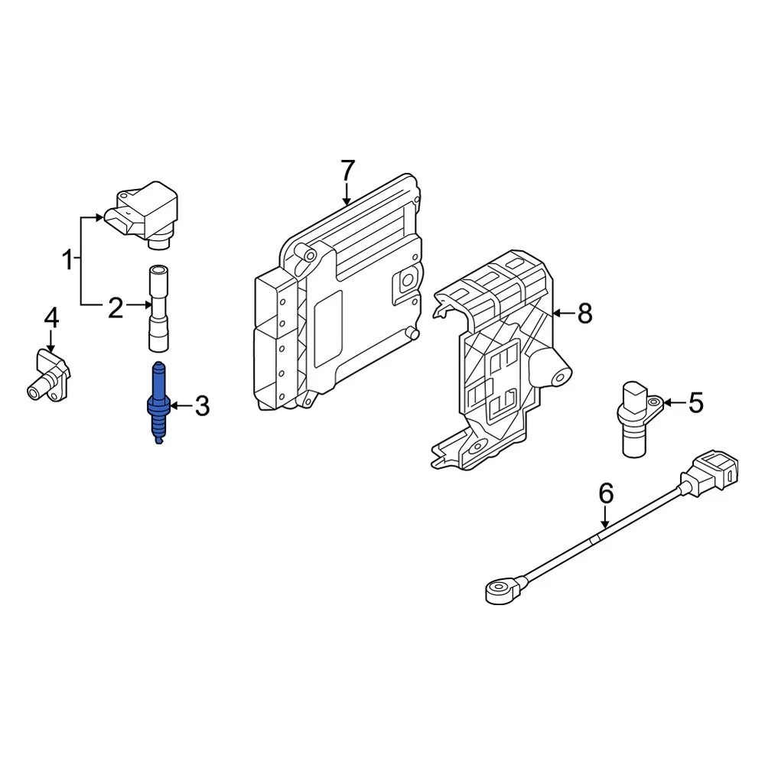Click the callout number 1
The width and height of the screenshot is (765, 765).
pyautogui.click(x=68, y=260)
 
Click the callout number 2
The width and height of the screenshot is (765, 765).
pyautogui.click(x=115, y=308)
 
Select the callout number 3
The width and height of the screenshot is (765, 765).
pyautogui.click(x=201, y=406)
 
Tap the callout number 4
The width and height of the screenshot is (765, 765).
pyautogui.click(x=50, y=317)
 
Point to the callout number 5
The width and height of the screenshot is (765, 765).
pyautogui.click(x=695, y=402)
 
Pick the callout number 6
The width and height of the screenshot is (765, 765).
pyautogui.click(x=605, y=494)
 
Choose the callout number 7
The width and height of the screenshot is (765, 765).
pyautogui.click(x=347, y=170)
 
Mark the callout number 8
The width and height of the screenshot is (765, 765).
pyautogui.click(x=584, y=313)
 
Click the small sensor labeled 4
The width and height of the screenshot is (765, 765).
pyautogui.click(x=50, y=374)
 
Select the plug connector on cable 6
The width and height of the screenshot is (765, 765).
pyautogui.click(x=712, y=468)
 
